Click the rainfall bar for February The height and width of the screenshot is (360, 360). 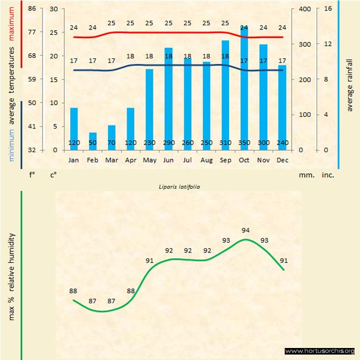coord(93,141)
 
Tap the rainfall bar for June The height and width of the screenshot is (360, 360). coord(169,99)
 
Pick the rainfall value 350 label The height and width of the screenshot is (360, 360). coord(244,143)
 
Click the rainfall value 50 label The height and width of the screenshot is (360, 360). coord(93,143)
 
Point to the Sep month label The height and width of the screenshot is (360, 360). coord(225,160)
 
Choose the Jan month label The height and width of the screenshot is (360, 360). coord(74,160)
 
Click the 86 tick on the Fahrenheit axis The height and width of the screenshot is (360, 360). coord(32,9)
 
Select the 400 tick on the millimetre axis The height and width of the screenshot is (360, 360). coord(304,9)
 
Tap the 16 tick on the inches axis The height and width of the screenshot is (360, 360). coord(328,9)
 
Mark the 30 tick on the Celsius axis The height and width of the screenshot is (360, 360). coord(53,9)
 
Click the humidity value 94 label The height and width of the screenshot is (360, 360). coord(245,230)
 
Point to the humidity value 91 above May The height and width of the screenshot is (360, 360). coord(149,260)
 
